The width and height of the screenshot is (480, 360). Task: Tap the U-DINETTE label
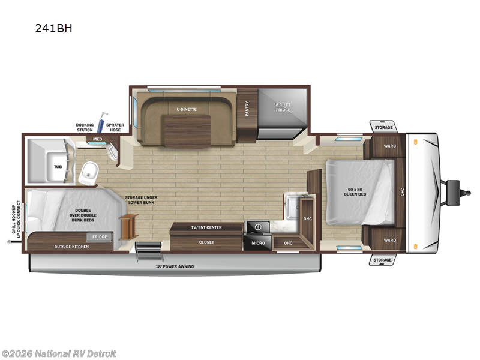pos(187,109)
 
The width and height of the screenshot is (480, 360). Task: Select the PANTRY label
pos(247,108)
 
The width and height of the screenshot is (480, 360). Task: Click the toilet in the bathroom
pos(90,173)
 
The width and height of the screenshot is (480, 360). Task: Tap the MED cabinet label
pos(97,139)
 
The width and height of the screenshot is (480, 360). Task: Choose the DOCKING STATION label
pos(85,127)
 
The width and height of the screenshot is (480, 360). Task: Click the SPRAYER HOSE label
pos(115,127)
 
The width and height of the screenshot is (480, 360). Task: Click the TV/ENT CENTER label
pos(206,227)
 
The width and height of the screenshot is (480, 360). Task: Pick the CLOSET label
pos(206,242)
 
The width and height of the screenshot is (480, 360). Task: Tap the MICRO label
pos(258,242)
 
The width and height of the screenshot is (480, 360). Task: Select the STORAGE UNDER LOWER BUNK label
pos(141,200)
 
